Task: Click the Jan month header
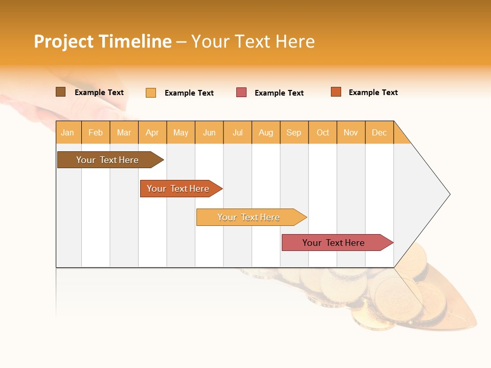[68, 132]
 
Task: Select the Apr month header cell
[152, 132]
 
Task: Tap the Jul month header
[237, 132]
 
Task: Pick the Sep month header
[294, 132]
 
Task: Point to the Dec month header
[379, 132]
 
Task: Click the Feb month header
[96, 132]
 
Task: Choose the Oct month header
[323, 132]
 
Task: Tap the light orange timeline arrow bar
[249, 217]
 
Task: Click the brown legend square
[60, 92]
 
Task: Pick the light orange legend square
[151, 93]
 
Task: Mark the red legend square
[241, 93]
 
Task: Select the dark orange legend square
[336, 92]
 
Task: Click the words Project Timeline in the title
[102, 41]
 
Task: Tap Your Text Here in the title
[253, 41]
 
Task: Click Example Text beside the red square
[279, 93]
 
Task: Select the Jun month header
[209, 132]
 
